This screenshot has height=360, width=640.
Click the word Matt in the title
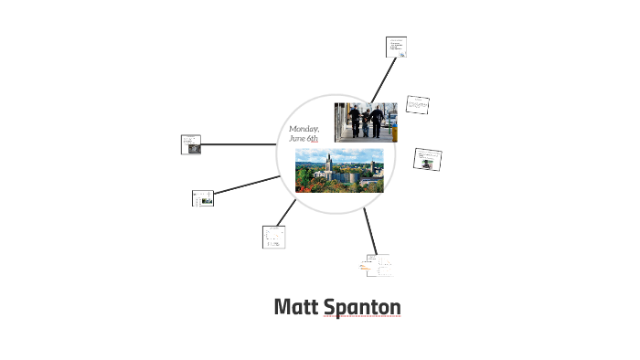pyautogui.click(x=296, y=308)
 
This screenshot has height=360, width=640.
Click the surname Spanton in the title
pyautogui.click(x=362, y=308)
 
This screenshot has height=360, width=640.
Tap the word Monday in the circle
pyautogui.click(x=304, y=129)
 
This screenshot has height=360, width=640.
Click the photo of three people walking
pyautogui.click(x=365, y=122)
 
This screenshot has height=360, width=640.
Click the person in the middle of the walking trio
pyautogui.click(x=365, y=122)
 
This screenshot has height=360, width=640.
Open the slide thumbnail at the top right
pyautogui.click(x=397, y=47)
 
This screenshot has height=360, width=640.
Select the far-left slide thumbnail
pyautogui.click(x=191, y=144)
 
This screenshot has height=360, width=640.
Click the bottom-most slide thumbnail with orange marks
pyautogui.click(x=379, y=266)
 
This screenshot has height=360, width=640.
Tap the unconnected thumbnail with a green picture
pyautogui.click(x=428, y=160)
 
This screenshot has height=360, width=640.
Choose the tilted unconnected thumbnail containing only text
pyautogui.click(x=418, y=105)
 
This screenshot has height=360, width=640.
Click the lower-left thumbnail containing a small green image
pyautogui.click(x=203, y=198)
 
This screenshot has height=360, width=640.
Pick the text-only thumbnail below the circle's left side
pyautogui.click(x=273, y=237)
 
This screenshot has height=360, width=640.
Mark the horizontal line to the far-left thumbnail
pyautogui.click(x=240, y=144)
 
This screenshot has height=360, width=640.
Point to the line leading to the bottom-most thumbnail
pyautogui.click(x=369, y=232)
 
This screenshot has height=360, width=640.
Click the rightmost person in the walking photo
pyautogui.click(x=376, y=121)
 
